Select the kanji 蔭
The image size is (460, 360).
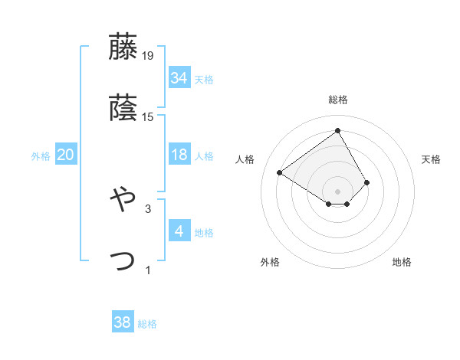[123, 108]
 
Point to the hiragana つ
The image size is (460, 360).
[123, 260]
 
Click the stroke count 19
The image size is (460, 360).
[148, 55]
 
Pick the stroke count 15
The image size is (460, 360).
[148, 117]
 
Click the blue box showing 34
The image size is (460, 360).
[179, 77]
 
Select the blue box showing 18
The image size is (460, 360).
[179, 155]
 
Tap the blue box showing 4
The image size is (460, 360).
[179, 231]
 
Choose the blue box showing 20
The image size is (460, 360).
[65, 155]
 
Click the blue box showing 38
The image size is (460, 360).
[122, 322]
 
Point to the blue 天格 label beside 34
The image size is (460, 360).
[204, 79]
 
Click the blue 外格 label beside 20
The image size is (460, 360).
[41, 156]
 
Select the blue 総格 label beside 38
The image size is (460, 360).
[147, 324]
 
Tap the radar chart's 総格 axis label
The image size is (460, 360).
[338, 100]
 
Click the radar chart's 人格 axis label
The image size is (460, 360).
[245, 159]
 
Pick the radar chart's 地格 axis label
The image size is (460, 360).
[402, 262]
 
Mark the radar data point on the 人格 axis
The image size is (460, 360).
[280, 172]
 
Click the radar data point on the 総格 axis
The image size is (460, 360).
[338, 130]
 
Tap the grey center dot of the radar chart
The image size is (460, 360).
[338, 191]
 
